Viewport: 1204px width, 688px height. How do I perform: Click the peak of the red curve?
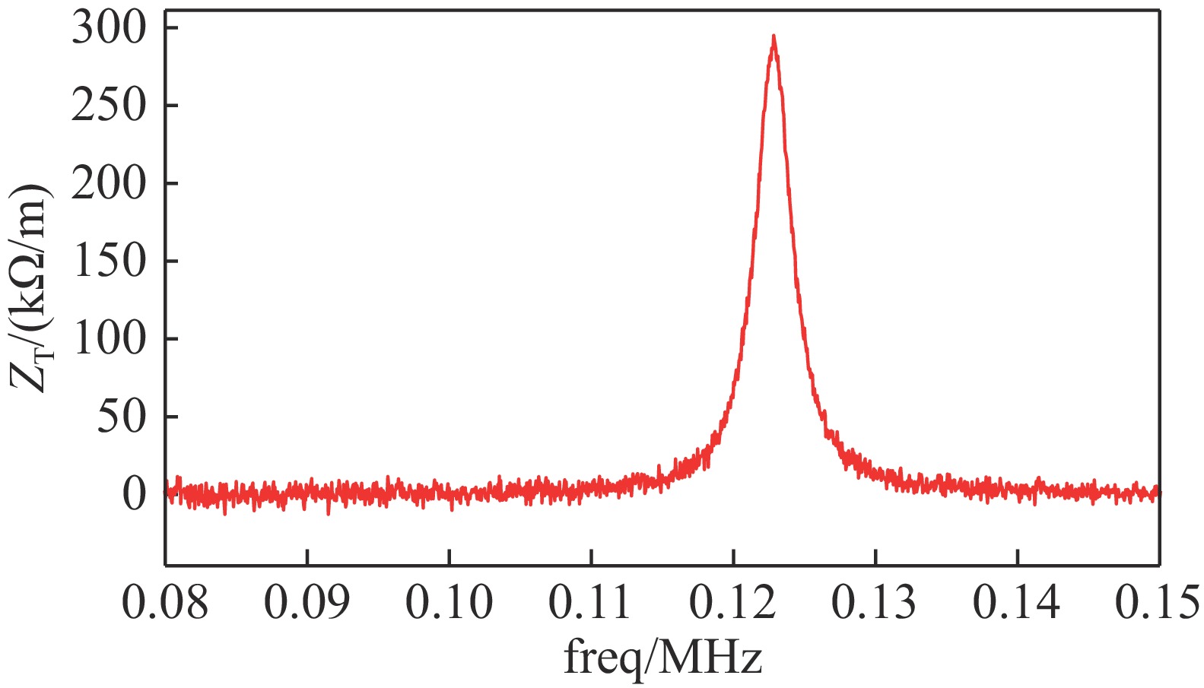(x=774, y=36)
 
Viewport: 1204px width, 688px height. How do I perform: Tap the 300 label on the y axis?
(x=108, y=29)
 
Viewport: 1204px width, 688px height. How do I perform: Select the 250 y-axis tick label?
(x=108, y=106)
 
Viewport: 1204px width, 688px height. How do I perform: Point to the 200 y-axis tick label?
(x=108, y=183)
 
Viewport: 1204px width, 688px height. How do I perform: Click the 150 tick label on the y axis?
(x=108, y=262)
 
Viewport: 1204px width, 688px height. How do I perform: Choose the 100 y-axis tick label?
(x=108, y=339)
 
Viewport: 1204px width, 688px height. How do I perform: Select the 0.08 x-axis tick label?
(x=165, y=603)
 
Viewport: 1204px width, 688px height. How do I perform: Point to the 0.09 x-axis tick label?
(x=307, y=603)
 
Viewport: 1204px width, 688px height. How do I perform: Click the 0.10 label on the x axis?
(x=449, y=603)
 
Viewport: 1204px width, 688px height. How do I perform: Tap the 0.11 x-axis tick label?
(x=591, y=603)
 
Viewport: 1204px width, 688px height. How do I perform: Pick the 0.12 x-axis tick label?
(x=732, y=603)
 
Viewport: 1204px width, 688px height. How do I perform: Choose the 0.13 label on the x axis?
(x=875, y=603)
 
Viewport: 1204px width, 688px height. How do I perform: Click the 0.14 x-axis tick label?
(x=1017, y=603)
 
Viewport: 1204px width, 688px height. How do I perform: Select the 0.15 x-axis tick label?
(x=1158, y=603)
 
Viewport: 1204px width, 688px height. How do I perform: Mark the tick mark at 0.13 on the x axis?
(x=875, y=558)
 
